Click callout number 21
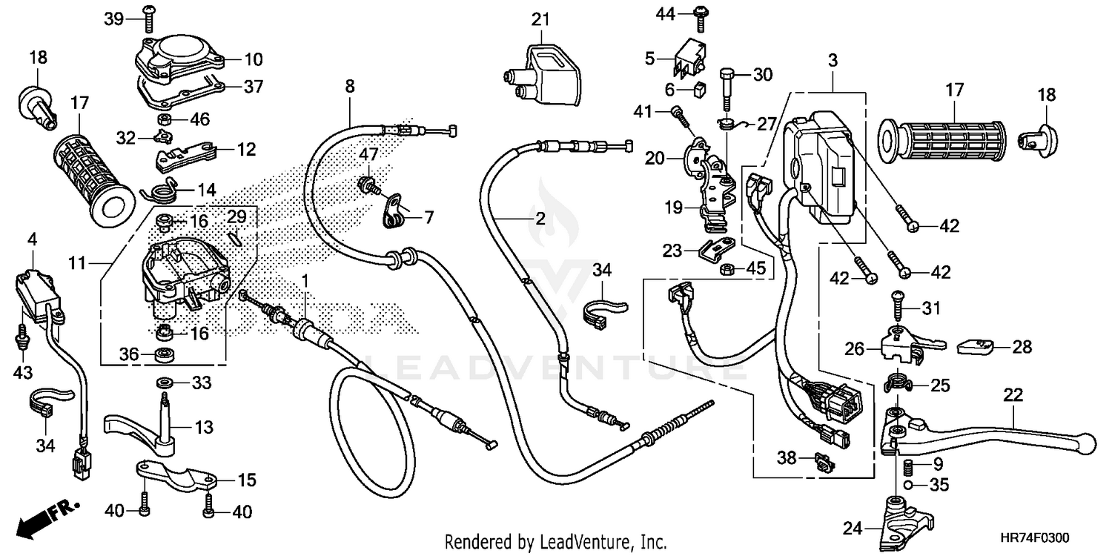click(540, 18)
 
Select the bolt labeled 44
click(699, 13)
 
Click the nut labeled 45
click(729, 267)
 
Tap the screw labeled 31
click(897, 307)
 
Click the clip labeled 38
click(823, 460)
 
